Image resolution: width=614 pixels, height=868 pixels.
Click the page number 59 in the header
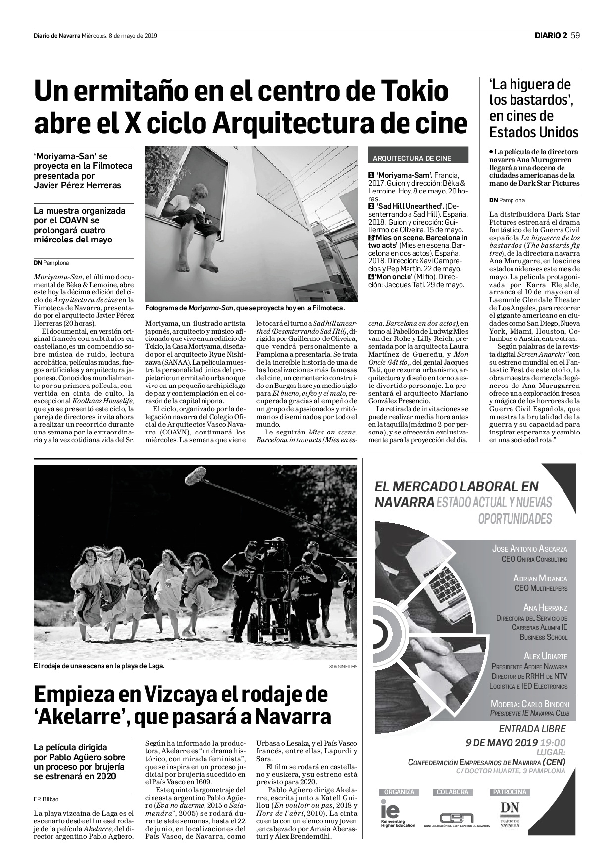pos(575,35)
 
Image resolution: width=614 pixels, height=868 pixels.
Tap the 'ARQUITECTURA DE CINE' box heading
pos(412,158)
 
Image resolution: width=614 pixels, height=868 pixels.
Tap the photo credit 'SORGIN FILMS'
pos(343,666)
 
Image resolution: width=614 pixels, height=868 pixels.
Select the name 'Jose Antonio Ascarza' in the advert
pos(529,549)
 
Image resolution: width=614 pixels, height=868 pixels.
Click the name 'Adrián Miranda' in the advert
pos(540,579)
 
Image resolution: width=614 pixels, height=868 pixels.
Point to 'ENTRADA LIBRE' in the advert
pos(532,729)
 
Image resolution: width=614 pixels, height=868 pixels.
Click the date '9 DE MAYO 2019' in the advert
pos(502,742)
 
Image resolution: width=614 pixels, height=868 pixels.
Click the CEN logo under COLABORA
pos(457,818)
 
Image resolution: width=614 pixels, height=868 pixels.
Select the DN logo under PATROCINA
pos(510,811)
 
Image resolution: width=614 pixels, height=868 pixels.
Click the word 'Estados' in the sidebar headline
pos(512,132)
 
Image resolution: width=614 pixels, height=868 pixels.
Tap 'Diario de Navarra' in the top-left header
pos(57,36)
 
